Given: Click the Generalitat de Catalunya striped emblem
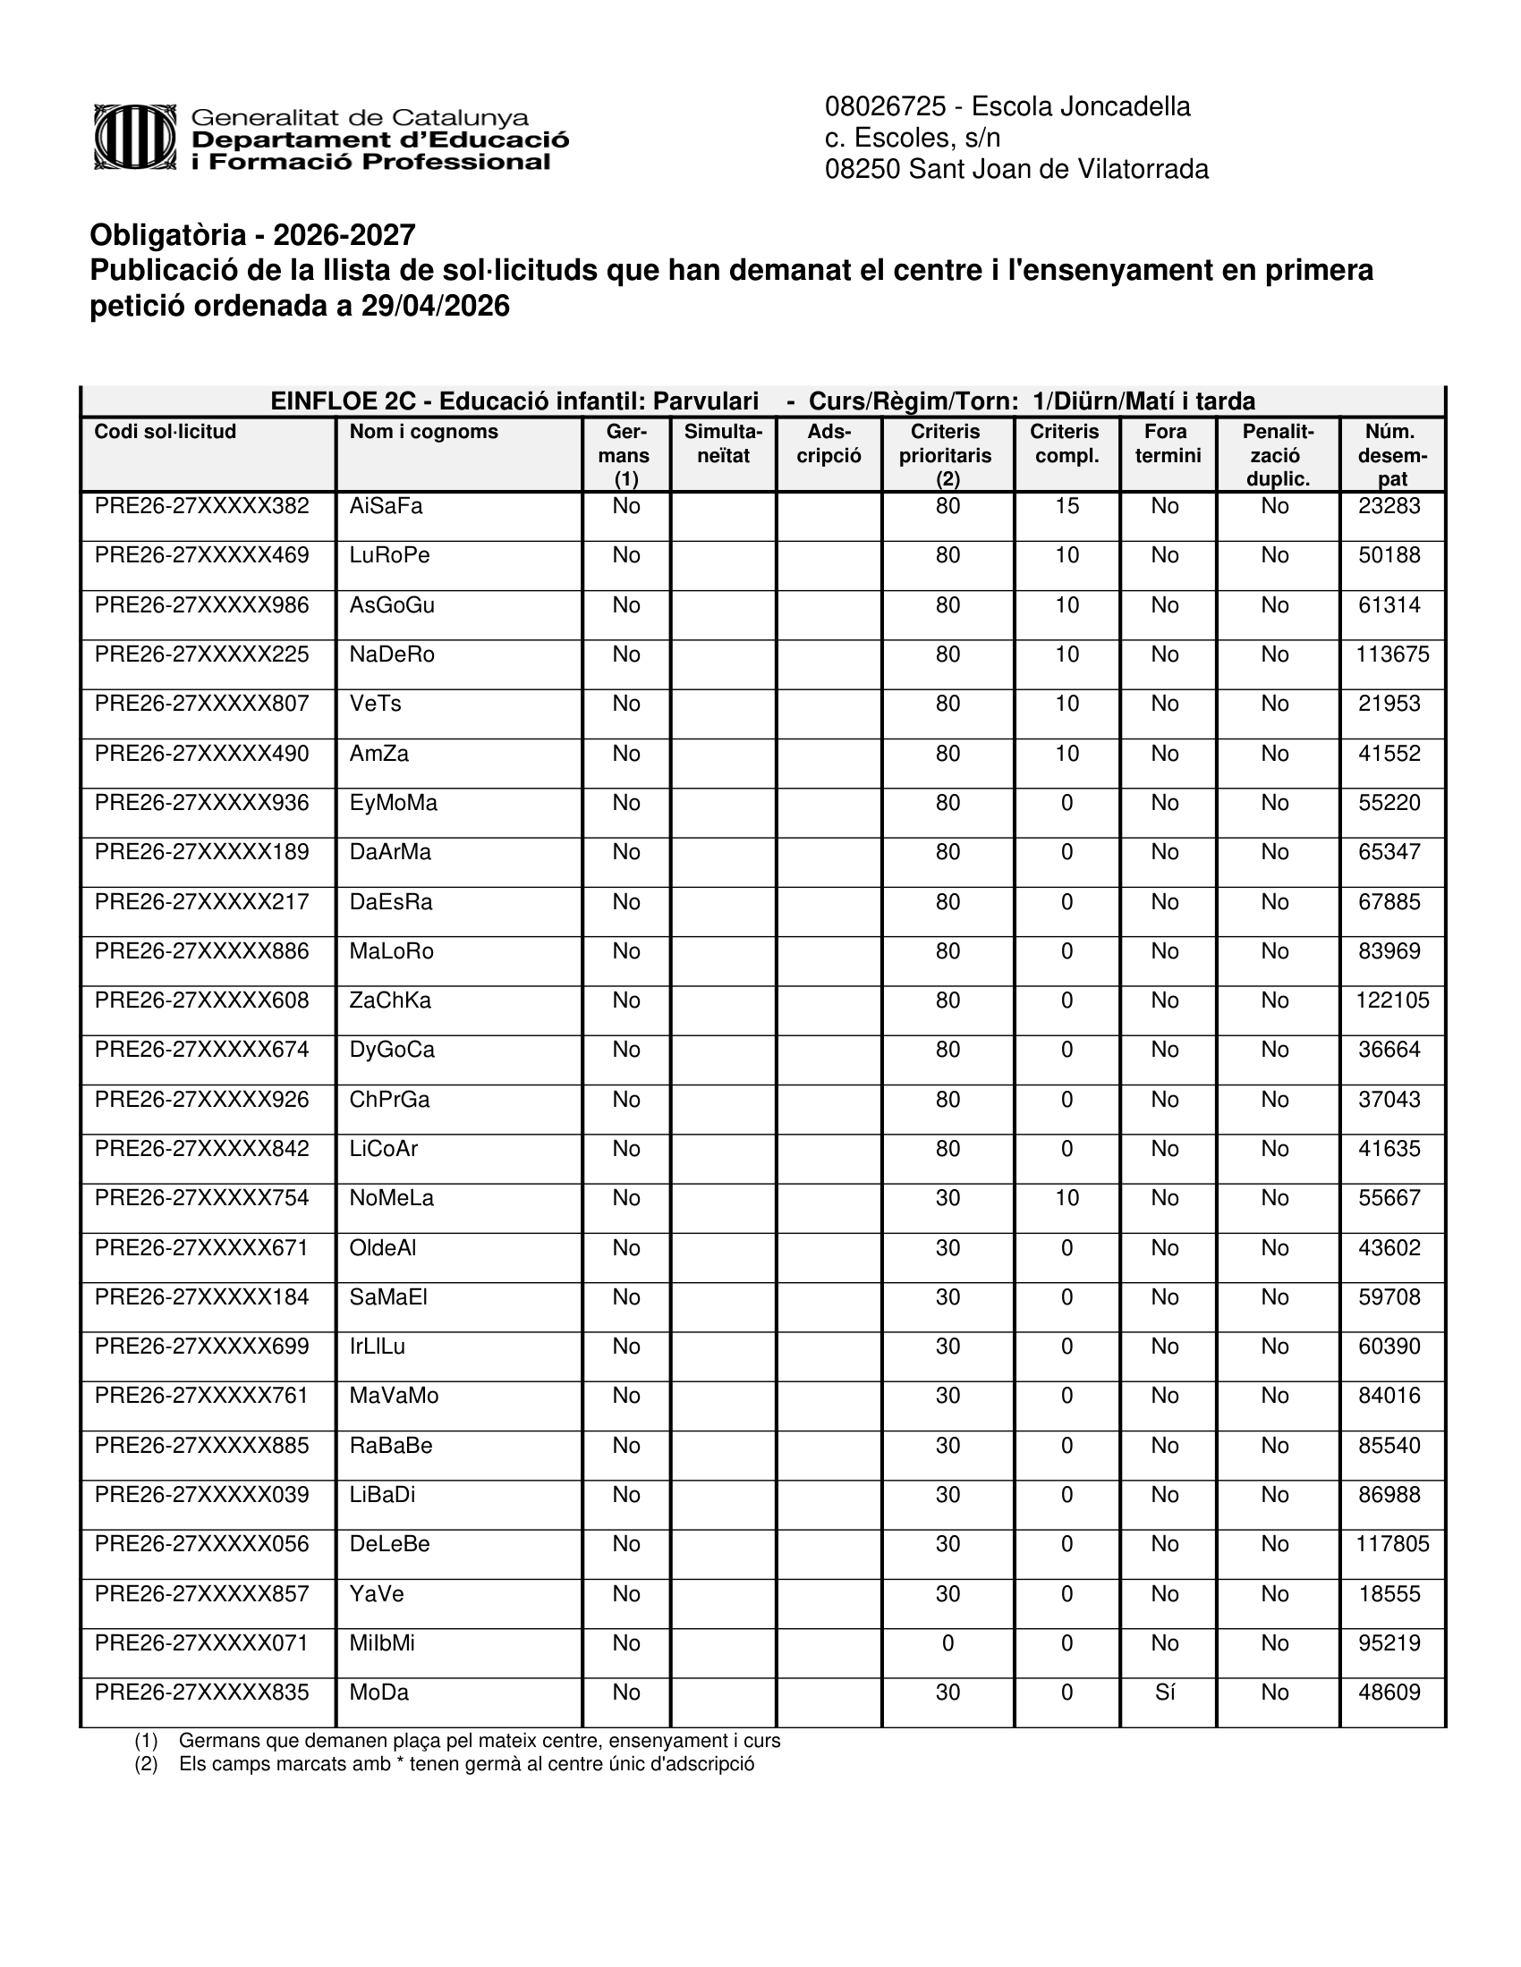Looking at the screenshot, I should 136,137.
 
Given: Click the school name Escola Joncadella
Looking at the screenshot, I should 1081,107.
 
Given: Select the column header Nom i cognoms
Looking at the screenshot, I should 423,433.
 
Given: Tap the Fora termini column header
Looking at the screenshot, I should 1167,444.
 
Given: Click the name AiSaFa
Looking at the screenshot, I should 386,506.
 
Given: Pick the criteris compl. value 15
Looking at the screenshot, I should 1066,506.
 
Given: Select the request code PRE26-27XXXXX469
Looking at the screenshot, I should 202,556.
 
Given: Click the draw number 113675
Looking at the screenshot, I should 1392,654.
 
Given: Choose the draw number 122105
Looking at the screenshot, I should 1392,1000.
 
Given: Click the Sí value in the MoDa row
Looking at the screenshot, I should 1165,1693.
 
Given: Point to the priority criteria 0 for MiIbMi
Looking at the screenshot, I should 947,1643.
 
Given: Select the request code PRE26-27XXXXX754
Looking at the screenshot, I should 202,1199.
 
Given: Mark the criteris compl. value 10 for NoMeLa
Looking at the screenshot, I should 1066,1199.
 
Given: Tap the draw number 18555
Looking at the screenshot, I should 1389,1594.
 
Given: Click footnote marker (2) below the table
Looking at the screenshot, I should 146,1764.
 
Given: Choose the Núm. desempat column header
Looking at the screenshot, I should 1392,455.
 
